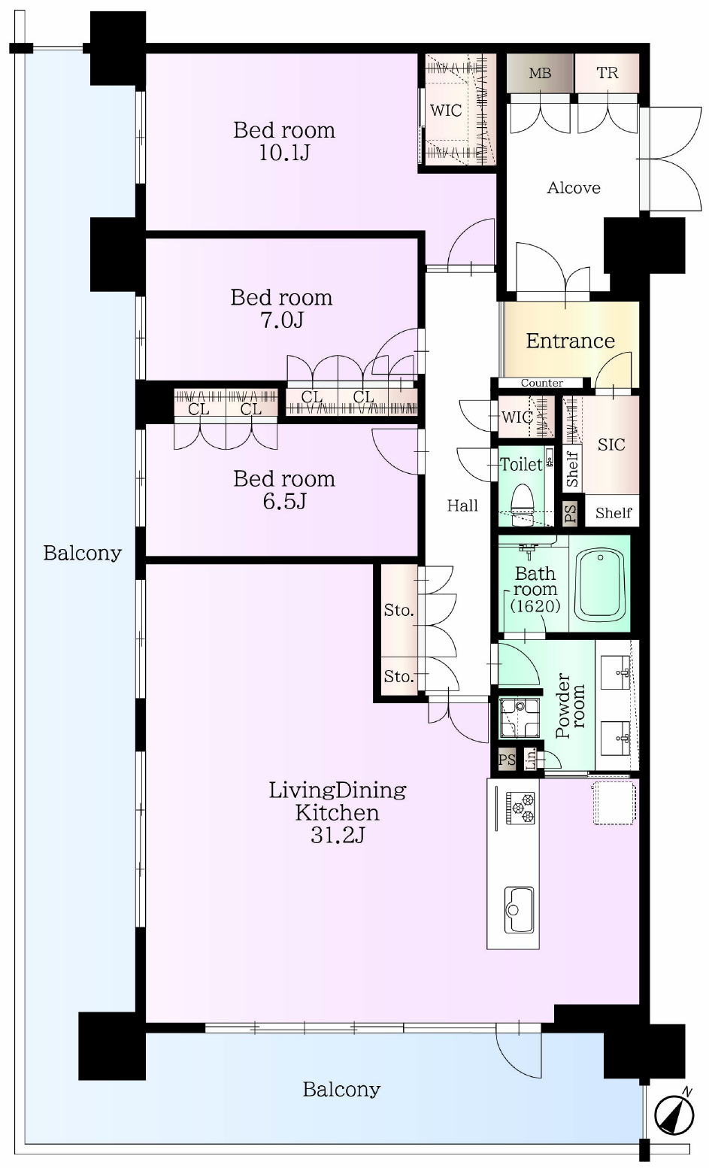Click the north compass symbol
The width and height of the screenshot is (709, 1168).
(x=674, y=1115)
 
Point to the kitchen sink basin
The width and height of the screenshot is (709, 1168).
(x=519, y=909)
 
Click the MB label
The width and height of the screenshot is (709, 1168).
(x=540, y=74)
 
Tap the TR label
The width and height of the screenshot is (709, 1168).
(x=607, y=73)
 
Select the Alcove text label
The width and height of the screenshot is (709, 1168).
(x=574, y=188)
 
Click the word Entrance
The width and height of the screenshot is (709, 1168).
(x=571, y=341)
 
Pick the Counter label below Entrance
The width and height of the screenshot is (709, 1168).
(x=541, y=383)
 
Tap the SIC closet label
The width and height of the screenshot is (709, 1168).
(x=611, y=444)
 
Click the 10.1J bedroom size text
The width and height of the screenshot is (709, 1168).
(x=285, y=153)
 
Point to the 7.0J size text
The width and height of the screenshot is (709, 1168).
(x=281, y=320)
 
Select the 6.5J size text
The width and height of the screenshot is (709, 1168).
(x=284, y=502)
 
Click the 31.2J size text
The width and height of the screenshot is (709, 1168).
(x=338, y=836)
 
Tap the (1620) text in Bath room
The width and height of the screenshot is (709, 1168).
(x=535, y=606)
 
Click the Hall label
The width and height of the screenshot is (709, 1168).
(x=462, y=505)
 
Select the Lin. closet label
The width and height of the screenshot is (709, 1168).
(x=530, y=759)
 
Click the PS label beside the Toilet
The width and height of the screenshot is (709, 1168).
(x=571, y=514)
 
